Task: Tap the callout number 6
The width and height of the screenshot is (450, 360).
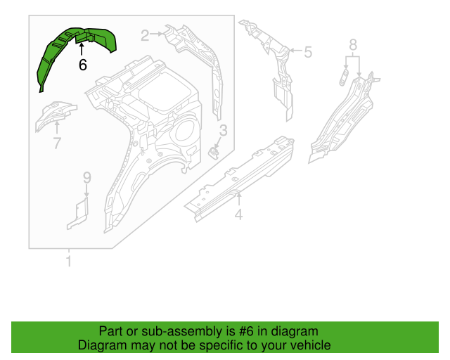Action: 82,65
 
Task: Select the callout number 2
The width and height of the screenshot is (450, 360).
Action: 146,35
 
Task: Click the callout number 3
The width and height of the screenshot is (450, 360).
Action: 224,130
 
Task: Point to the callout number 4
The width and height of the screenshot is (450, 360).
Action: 238,216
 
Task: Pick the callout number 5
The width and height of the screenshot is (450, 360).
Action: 307,51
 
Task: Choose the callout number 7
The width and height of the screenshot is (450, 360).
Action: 57,143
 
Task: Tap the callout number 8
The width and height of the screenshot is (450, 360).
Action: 353,46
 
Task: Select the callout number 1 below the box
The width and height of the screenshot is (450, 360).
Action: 69,263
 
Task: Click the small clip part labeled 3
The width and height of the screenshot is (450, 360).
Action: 217,152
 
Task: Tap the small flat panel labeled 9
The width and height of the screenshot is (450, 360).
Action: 78,213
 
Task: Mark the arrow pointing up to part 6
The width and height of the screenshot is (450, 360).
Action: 82,50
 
